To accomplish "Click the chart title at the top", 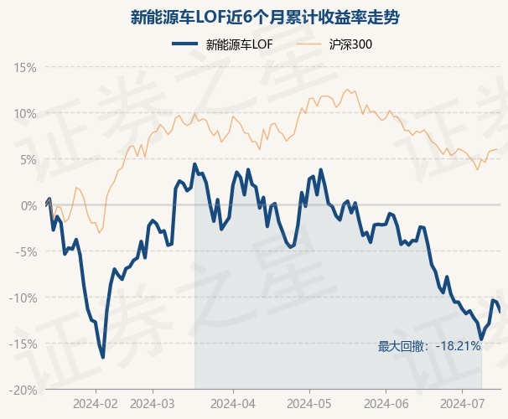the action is point(265,17).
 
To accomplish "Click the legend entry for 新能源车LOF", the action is point(223,44).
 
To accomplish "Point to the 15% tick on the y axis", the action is point(24,68).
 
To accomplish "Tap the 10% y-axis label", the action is point(24,114).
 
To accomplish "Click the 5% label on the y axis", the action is point(29,159).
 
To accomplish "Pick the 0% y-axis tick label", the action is point(29,205).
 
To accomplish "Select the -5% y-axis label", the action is point(26,251).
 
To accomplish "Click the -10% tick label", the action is point(23,297).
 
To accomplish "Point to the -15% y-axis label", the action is point(23,344).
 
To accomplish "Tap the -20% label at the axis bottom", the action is point(23,390).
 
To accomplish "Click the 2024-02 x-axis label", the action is point(96,404).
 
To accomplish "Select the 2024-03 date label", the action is point(153,404).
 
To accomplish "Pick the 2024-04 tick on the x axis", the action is point(233,404).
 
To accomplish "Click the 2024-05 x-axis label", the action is point(309,404).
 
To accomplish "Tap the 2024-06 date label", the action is point(386,404).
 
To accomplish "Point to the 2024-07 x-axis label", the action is point(463,404).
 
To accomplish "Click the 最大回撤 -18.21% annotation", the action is point(429,346).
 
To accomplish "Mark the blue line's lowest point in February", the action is point(103,358).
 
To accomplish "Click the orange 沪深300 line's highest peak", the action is point(347,90).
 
